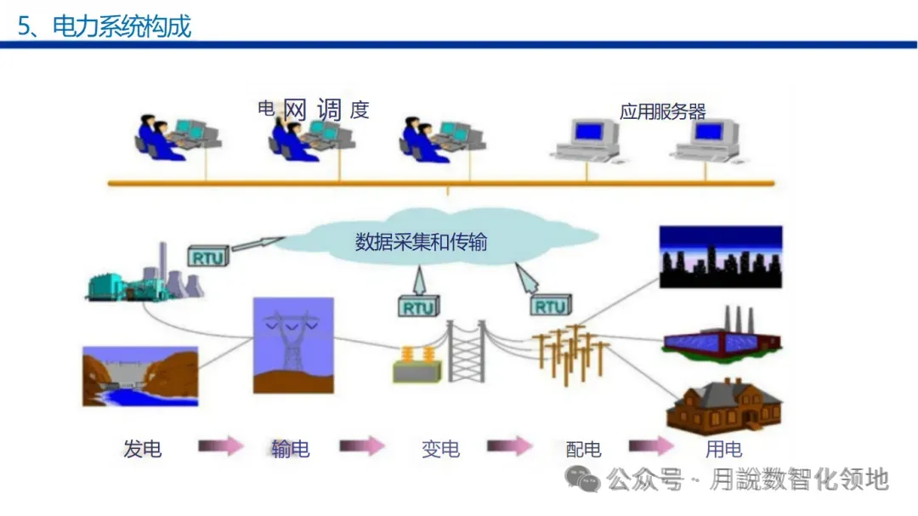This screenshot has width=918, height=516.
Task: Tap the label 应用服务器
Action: point(663,111)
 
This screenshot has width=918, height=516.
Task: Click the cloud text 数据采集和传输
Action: point(421,242)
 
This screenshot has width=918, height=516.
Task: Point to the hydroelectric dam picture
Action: point(139,375)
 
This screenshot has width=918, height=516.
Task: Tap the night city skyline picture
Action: point(720,257)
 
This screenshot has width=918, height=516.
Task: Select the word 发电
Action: point(142,449)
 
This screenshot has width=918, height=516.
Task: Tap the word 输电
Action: point(290,449)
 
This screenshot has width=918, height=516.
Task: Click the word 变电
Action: point(440,449)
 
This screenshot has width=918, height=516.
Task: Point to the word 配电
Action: point(583,449)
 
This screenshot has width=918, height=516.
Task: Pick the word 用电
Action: point(723,449)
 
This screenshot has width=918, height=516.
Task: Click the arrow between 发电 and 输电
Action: point(221,446)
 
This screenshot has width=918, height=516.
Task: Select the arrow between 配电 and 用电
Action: point(652,446)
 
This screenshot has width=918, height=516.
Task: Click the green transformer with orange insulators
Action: point(417,365)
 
